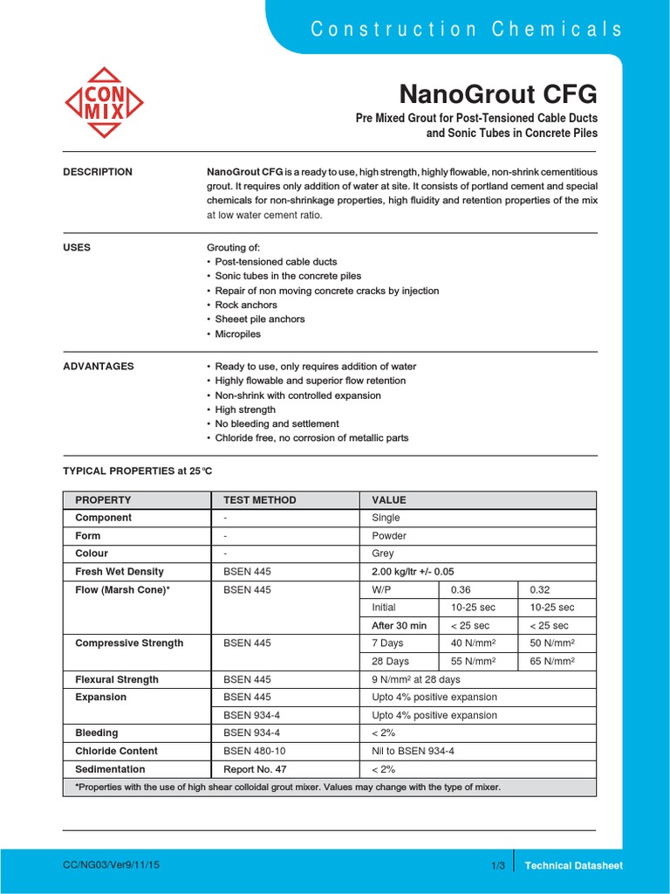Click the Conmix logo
(x=105, y=102)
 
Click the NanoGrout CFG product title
(x=498, y=93)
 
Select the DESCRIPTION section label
(x=98, y=172)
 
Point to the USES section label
(x=77, y=247)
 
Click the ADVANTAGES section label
(x=99, y=366)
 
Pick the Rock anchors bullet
(x=246, y=305)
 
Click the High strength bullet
(x=245, y=409)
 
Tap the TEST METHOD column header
(x=260, y=500)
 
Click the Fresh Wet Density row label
(x=120, y=572)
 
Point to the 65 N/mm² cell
(x=553, y=661)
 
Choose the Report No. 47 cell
(x=255, y=769)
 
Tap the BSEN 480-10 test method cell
(x=254, y=751)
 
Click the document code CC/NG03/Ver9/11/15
(x=111, y=864)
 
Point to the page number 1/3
(x=498, y=865)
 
